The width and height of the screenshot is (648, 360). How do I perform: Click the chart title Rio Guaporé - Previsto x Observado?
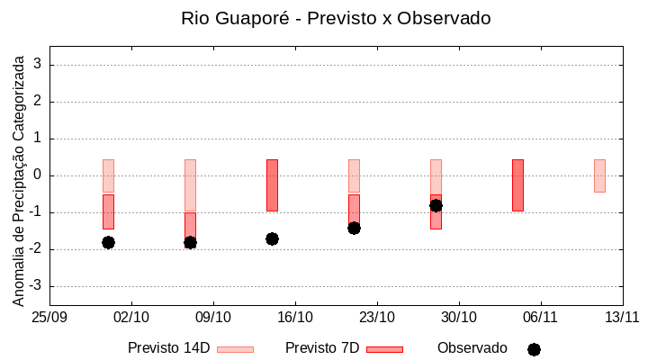pos(335,18)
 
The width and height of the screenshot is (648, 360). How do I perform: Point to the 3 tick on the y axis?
pos(39,65)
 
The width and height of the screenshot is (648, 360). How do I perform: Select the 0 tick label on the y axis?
pos(39,175)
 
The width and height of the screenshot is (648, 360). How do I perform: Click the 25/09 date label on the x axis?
pos(49,317)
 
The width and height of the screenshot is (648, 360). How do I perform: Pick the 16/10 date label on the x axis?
pos(295,317)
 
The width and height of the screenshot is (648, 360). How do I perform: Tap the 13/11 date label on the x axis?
pos(622,317)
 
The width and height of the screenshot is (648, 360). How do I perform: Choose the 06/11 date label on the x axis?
pos(540,317)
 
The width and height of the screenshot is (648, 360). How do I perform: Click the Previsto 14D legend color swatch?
pos(235,348)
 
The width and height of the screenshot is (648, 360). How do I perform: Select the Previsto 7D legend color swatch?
pos(384,348)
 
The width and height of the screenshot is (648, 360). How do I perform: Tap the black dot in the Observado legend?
pos(534,349)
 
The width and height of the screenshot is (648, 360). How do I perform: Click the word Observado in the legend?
pos(472,347)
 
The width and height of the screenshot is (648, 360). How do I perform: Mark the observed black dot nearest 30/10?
pos(436,205)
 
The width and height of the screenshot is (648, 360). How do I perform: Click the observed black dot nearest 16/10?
pos(272,238)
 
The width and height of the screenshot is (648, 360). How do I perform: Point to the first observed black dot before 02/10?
pos(108,242)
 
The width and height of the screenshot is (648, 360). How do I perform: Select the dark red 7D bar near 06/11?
pos(517,184)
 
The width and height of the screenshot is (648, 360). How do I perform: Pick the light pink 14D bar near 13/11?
pos(599,175)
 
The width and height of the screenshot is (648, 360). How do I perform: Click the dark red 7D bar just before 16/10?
pos(272,184)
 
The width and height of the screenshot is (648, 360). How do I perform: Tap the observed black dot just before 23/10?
pos(354,228)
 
